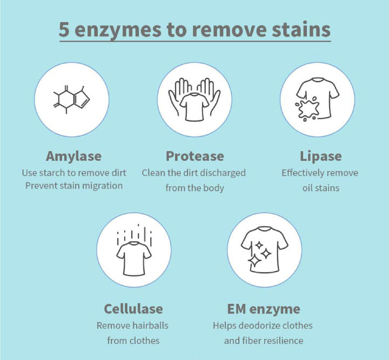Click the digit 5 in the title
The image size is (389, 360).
64,30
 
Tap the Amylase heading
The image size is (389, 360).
73,157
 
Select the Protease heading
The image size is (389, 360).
194,156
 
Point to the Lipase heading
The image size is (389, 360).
320,157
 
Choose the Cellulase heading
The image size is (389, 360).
133,309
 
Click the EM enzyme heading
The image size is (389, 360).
264,309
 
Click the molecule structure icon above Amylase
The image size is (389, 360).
71,100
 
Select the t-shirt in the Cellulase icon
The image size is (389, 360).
134,259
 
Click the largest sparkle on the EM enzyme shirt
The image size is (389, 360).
254,260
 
